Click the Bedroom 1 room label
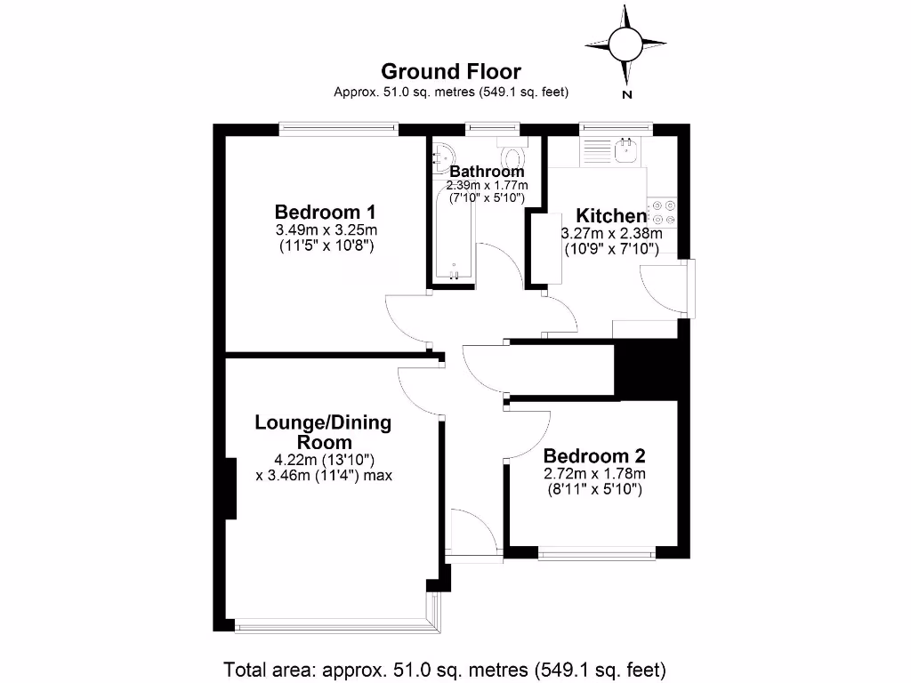pos(325,213)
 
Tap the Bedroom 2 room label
pos(594,455)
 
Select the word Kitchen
pos(611,216)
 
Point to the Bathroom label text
pos(487,172)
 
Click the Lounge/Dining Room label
pos(323,432)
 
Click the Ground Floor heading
pos(451,71)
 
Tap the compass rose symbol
pos(625,42)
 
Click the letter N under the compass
pos(627,94)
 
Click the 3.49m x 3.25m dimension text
pos(325,230)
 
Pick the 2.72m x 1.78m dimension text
pos(594,473)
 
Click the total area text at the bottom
pos(445,669)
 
